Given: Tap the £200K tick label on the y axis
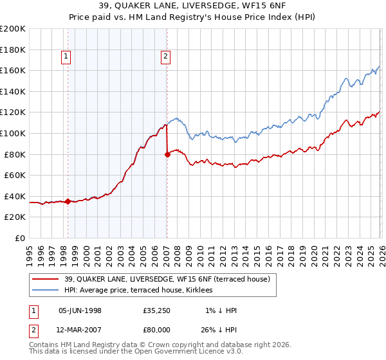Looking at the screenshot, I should [13, 29].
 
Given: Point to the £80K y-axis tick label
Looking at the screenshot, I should [15, 154].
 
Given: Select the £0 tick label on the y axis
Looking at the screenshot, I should [21, 238].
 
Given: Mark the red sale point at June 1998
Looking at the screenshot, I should [68, 201].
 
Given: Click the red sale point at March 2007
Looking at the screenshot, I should [167, 154].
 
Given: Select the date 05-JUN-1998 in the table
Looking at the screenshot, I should [80, 310].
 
